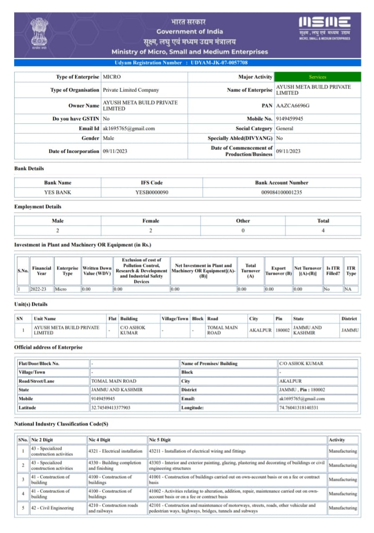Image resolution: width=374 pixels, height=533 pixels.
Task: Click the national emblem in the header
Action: click(x=39, y=33)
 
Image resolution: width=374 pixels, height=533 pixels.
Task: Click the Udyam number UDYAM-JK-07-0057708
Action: click(x=219, y=62)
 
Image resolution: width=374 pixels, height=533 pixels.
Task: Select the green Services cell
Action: click(x=317, y=77)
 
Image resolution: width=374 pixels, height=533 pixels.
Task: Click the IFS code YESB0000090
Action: click(x=152, y=192)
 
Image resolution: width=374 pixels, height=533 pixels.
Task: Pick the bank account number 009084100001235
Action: click(x=282, y=192)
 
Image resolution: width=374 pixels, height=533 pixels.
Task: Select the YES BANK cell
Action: click(x=57, y=192)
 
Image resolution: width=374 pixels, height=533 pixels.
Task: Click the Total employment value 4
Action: click(x=323, y=230)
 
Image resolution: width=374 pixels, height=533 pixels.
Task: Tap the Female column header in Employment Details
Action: click(x=150, y=221)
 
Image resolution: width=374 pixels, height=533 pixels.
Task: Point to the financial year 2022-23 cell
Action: click(x=41, y=289)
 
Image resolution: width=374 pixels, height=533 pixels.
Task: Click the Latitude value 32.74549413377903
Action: click(x=110, y=408)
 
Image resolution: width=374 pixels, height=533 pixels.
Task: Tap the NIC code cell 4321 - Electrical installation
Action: click(x=115, y=451)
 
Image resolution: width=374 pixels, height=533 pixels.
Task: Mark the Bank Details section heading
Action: click(x=29, y=169)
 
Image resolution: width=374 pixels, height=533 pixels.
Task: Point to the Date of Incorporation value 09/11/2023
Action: click(x=115, y=151)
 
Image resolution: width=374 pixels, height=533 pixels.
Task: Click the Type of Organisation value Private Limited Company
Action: click(x=131, y=90)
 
